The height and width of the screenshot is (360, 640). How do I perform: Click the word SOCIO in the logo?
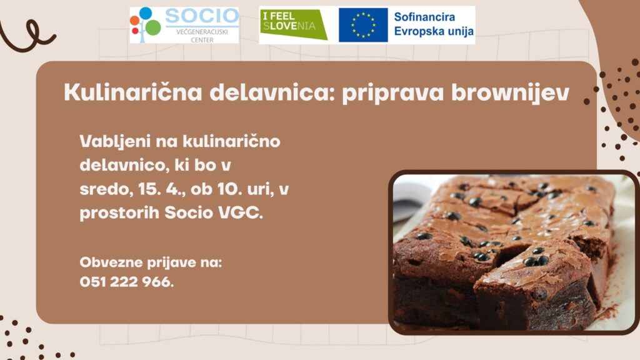pyautogui.click(x=202, y=16)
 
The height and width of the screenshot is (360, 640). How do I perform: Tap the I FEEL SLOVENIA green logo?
pyautogui.click(x=294, y=24)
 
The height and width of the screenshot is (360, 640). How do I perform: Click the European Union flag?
pyautogui.click(x=363, y=25)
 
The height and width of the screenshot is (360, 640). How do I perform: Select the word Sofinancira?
pyautogui.click(x=424, y=17)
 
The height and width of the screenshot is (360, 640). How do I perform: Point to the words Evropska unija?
pyautogui.click(x=434, y=31)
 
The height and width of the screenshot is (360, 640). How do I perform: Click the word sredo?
pyautogui.click(x=106, y=190)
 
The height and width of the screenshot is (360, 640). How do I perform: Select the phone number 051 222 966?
pyautogui.click(x=126, y=282)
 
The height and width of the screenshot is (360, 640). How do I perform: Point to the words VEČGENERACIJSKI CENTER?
pyautogui.click(x=202, y=36)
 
